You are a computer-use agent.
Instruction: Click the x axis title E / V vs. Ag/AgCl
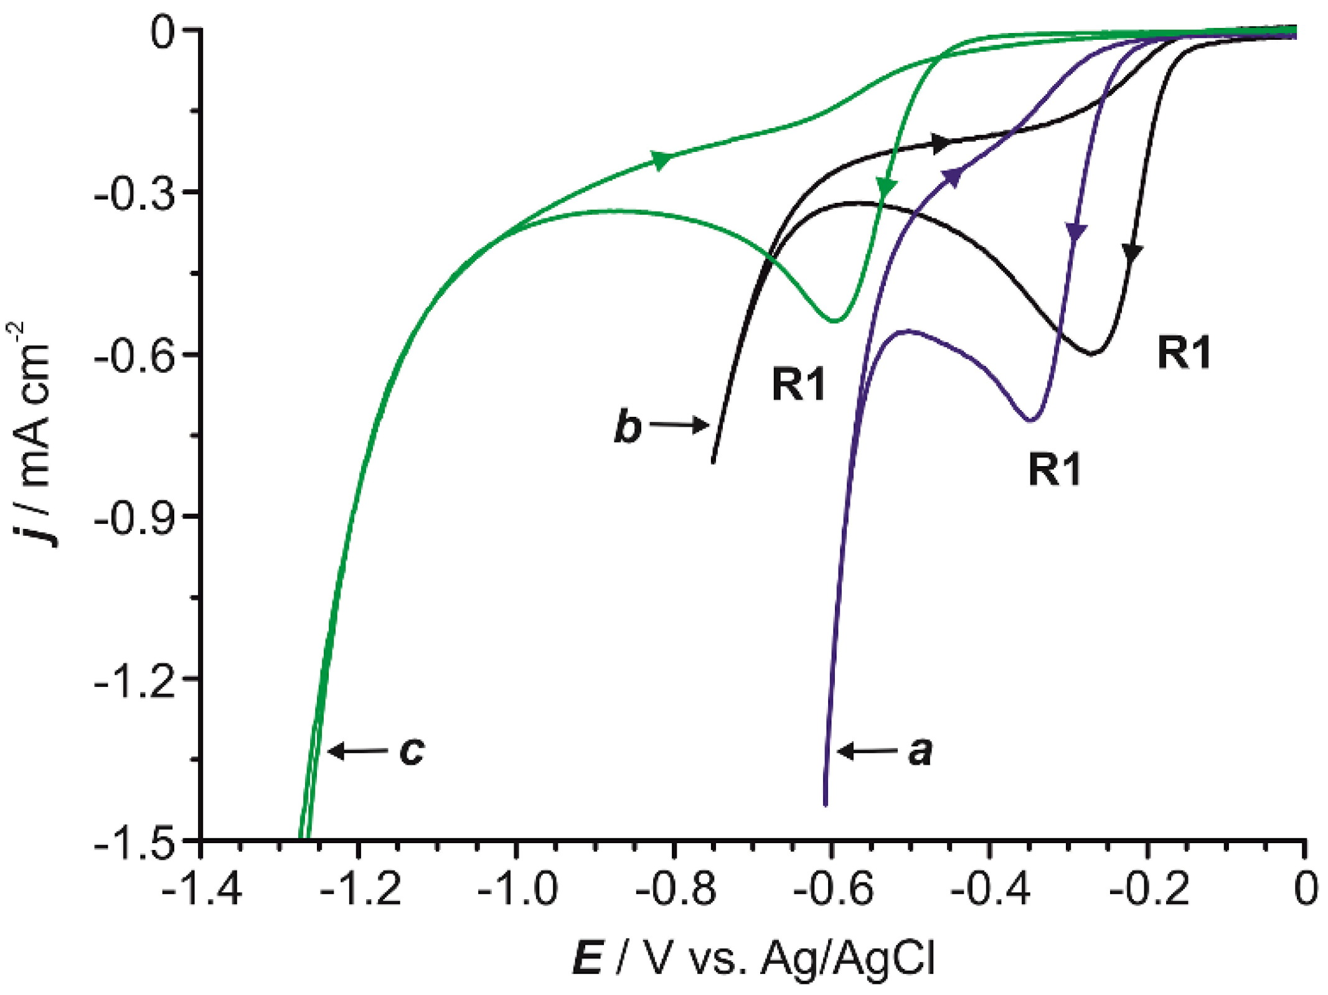(x=753, y=958)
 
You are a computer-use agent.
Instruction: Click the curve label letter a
(x=920, y=751)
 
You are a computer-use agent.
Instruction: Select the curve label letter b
(x=628, y=427)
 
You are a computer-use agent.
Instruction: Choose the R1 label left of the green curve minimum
(x=799, y=384)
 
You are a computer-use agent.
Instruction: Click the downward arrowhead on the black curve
(x=1133, y=253)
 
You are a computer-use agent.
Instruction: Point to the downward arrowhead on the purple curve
(x=1076, y=231)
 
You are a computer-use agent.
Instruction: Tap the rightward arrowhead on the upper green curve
(x=661, y=160)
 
